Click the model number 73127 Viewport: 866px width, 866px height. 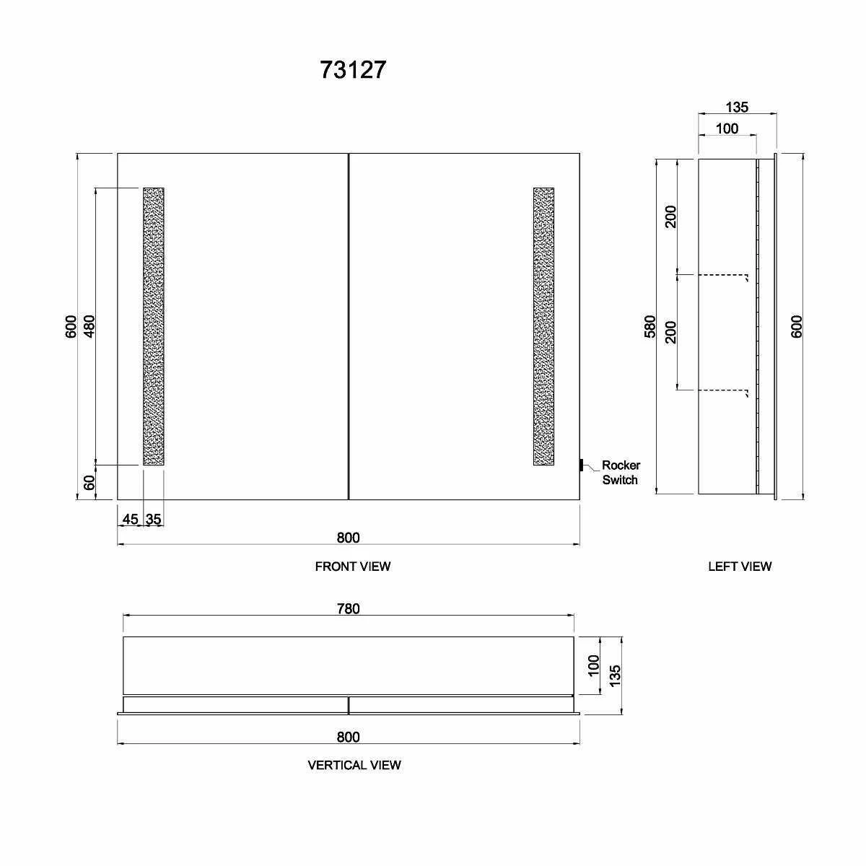click(x=353, y=70)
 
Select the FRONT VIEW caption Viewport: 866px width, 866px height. click(x=353, y=567)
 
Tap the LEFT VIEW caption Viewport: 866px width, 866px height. click(x=740, y=567)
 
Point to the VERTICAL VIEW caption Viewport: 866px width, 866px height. click(x=354, y=765)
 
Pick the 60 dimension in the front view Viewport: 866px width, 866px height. click(x=89, y=483)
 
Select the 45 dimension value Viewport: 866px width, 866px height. click(x=131, y=519)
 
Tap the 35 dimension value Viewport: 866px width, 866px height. click(x=154, y=519)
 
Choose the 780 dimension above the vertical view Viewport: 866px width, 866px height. click(x=348, y=608)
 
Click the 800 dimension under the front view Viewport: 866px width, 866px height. click(x=348, y=538)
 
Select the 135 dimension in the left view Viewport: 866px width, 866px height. click(x=737, y=108)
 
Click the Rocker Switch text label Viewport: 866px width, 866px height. click(x=621, y=473)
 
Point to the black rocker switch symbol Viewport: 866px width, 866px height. click(x=582, y=465)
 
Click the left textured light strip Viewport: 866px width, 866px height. click(x=154, y=326)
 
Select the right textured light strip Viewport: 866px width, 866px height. click(x=543, y=326)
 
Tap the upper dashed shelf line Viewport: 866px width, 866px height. click(x=722, y=275)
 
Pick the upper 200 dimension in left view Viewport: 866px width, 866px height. click(x=670, y=216)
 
